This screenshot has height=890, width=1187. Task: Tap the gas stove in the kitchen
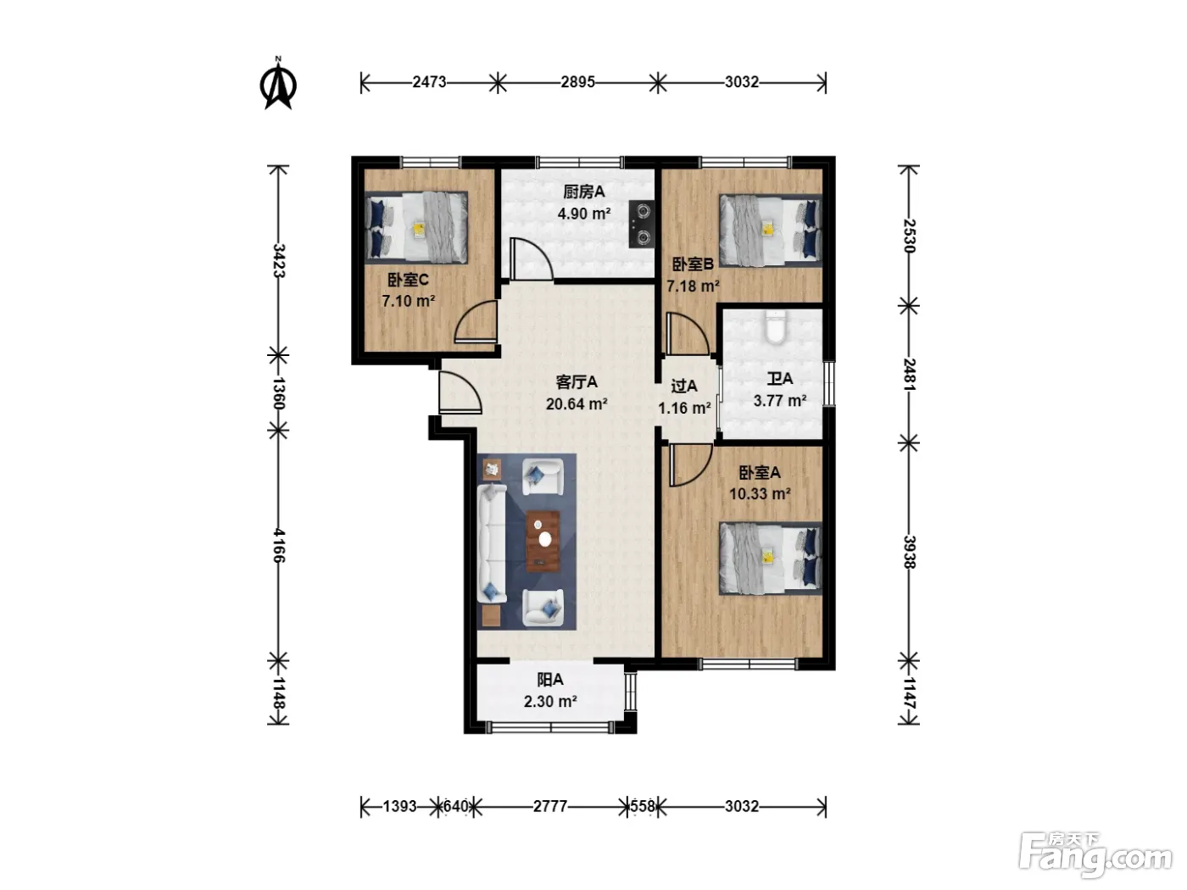click(641, 224)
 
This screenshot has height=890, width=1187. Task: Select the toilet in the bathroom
click(775, 327)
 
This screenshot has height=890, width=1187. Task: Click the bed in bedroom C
click(415, 227)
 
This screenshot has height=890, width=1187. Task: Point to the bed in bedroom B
click(770, 231)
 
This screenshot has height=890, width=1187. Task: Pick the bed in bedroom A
click(770, 559)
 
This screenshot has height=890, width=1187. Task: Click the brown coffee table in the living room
click(543, 541)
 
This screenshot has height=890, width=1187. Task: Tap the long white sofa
click(492, 543)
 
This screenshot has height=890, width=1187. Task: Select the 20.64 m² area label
click(577, 403)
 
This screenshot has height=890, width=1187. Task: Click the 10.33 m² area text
click(760, 493)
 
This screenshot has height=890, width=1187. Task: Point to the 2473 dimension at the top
click(429, 82)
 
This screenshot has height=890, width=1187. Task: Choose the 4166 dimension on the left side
click(278, 545)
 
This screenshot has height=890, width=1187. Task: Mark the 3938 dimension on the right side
click(909, 552)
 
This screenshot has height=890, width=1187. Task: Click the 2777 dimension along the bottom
click(550, 806)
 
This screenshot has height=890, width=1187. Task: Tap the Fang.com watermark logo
click(1095, 854)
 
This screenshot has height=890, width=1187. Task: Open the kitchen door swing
click(531, 259)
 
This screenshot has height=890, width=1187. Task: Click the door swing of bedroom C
click(476, 321)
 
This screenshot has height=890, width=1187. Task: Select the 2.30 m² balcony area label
click(550, 702)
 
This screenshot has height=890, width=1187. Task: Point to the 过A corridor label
click(684, 386)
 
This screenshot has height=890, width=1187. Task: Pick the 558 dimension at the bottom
click(643, 806)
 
